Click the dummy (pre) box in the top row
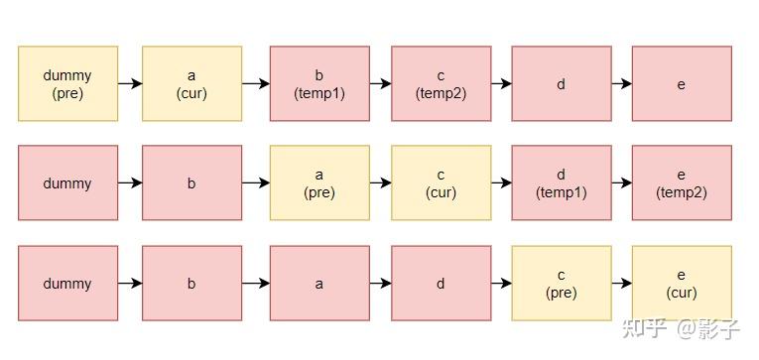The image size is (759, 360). [67, 83]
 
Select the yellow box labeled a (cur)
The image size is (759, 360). [191, 83]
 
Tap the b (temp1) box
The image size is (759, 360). [319, 83]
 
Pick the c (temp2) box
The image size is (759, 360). [441, 83]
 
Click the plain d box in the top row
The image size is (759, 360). [561, 83]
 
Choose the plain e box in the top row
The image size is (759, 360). [682, 83]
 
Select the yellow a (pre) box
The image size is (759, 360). [319, 183]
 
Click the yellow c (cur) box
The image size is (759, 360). [441, 183]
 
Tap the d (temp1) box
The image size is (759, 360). [561, 183]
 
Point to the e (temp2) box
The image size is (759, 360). [682, 183]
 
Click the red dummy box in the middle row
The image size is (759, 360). [67, 183]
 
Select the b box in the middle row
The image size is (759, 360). [191, 183]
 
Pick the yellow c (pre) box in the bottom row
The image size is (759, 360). [561, 284]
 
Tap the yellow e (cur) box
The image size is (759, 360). [682, 284]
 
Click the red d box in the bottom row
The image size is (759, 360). [441, 284]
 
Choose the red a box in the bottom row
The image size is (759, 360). [319, 284]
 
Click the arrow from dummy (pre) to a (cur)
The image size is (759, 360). [130, 83]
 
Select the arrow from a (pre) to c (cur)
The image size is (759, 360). [380, 183]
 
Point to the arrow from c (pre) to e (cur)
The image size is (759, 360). [621, 284]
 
